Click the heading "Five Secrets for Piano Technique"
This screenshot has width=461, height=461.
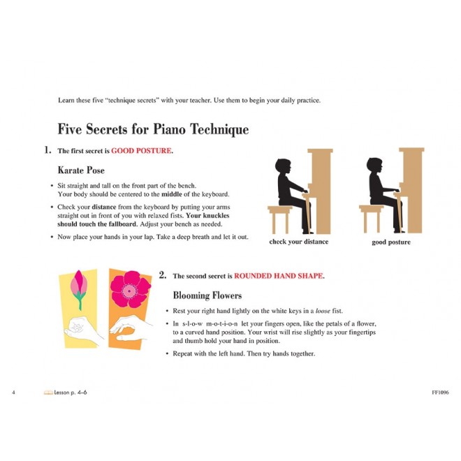pos(153,129)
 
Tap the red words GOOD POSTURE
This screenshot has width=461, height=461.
pos(141,151)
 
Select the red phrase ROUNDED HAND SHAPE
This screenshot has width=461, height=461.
pos(278,276)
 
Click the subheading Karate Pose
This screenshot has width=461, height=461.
pos(81,170)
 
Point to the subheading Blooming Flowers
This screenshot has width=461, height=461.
pos(207,295)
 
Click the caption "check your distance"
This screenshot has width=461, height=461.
pos(299,242)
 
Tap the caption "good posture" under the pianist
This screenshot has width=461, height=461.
pos(391,242)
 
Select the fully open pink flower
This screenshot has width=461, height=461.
pos(130,289)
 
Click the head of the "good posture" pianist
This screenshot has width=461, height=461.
pos(374,166)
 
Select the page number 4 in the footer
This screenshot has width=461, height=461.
pos(13,393)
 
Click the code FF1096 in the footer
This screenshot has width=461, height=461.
pos(440,393)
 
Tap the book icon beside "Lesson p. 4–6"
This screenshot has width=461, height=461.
pos(48,393)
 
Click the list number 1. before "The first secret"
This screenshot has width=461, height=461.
pos(47,150)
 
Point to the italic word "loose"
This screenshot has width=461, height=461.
pos(323,311)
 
